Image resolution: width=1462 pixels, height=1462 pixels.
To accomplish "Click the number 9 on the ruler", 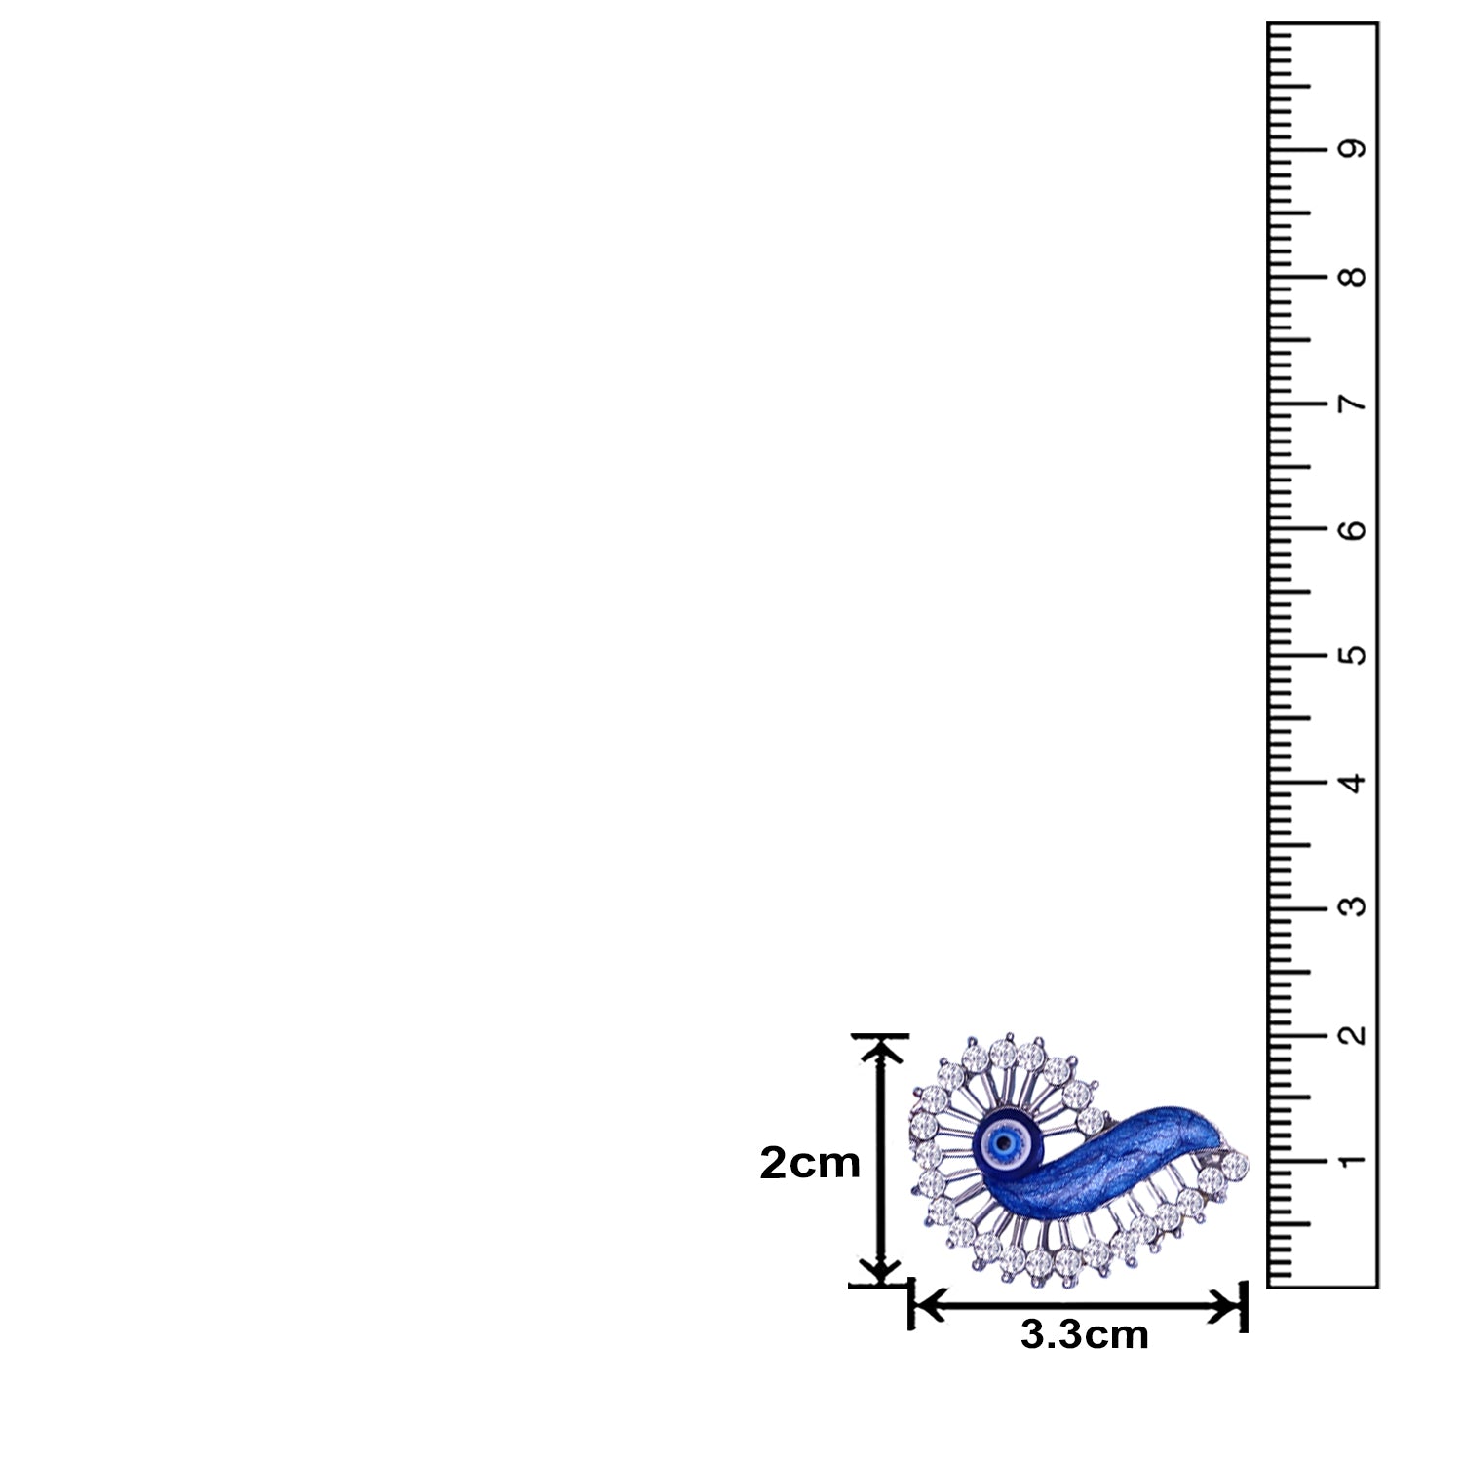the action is tap(1352, 149).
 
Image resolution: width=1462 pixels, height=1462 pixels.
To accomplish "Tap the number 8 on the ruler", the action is tap(1352, 277).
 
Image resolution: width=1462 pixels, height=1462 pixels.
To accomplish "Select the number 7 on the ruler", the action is tap(1352, 404).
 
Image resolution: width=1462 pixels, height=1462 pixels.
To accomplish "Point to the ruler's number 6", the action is tap(1352, 529).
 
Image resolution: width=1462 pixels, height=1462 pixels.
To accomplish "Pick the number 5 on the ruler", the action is tap(1352, 654).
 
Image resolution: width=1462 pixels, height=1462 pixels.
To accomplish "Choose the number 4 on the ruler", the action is tap(1352, 782).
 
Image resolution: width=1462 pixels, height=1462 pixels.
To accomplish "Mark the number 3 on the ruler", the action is tap(1352, 907).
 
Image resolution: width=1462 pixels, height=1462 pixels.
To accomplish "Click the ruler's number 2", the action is tap(1352, 1034).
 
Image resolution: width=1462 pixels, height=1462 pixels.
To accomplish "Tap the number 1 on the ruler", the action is tap(1352, 1161).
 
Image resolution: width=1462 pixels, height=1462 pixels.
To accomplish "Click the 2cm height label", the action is tap(810, 1163).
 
